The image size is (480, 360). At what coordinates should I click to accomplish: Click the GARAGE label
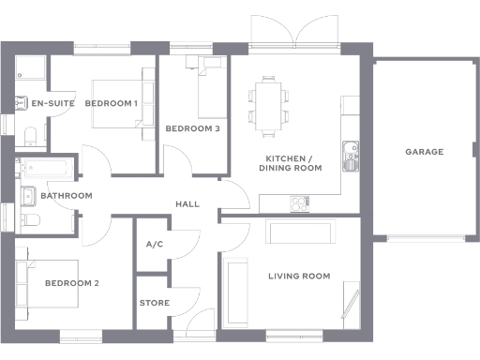point(424,151)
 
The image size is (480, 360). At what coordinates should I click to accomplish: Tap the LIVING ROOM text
point(299,276)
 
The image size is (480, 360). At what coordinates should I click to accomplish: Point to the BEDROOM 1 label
point(112,103)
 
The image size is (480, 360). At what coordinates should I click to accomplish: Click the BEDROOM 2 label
point(72,283)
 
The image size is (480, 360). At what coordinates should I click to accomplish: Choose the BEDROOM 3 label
point(192,128)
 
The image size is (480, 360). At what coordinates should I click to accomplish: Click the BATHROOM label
point(66,196)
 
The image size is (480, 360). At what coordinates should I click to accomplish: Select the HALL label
point(188,204)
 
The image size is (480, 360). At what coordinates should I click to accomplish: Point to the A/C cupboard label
point(155,245)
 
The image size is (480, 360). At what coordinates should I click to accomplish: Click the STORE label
point(155,303)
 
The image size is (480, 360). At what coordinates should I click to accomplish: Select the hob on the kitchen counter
point(301,202)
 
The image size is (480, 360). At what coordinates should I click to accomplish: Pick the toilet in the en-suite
point(26,136)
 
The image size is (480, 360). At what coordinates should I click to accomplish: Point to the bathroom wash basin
point(27,195)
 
